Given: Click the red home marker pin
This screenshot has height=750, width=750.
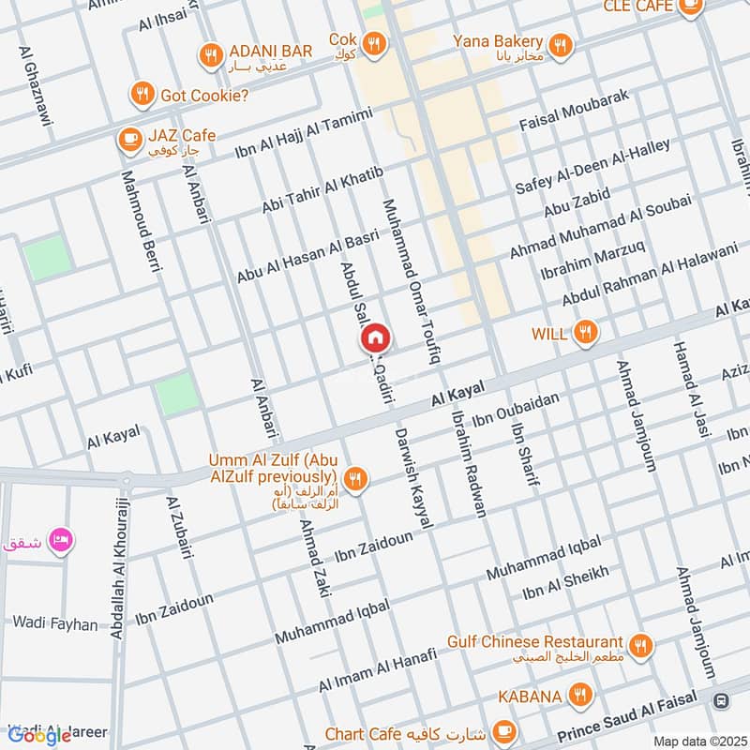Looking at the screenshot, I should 375,337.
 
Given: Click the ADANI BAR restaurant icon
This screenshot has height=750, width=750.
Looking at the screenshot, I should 210,53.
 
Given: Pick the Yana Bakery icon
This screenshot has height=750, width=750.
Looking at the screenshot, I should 561,44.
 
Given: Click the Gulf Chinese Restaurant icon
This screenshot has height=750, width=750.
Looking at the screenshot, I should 642,645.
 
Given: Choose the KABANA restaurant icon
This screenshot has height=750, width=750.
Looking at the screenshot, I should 581,695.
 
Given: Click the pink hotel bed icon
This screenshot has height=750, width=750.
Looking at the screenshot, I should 61,540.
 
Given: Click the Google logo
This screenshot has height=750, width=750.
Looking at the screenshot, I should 40,735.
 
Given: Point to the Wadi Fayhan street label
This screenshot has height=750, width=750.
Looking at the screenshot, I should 54,623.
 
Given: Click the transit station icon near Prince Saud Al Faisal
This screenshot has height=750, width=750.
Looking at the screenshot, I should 721,701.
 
